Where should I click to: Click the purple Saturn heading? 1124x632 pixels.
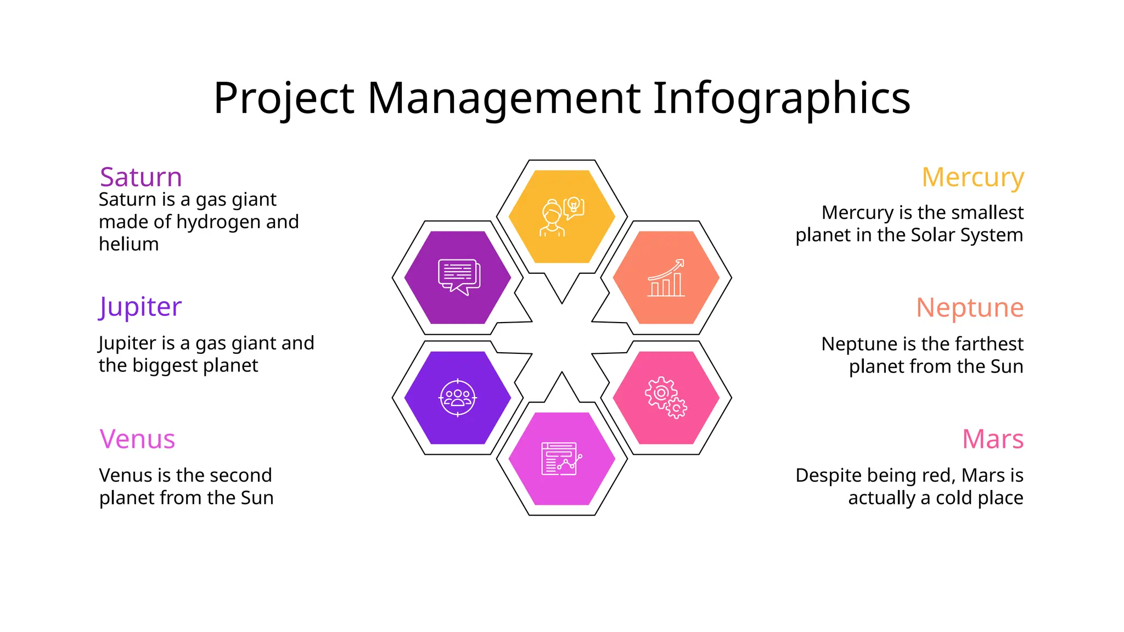pos(140,177)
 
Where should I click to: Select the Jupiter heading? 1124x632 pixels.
pos(140,307)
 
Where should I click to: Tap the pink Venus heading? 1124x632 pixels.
pos(137,439)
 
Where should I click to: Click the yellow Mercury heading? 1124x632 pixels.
pos(973,177)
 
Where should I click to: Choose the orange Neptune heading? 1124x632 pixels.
pos(970,307)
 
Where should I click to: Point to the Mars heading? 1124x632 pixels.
pos(993,439)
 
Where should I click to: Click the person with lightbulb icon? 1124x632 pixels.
pos(562,217)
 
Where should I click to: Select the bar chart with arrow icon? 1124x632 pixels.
pos(666,278)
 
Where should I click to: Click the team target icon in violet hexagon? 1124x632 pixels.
pos(458,398)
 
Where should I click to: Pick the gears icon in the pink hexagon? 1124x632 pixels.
pos(665,398)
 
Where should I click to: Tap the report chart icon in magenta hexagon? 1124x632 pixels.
pos(561,459)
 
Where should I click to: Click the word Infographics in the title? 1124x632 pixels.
pos(782,99)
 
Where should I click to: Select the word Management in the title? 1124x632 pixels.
pos(504,99)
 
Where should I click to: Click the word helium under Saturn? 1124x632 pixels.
pos(129,244)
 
